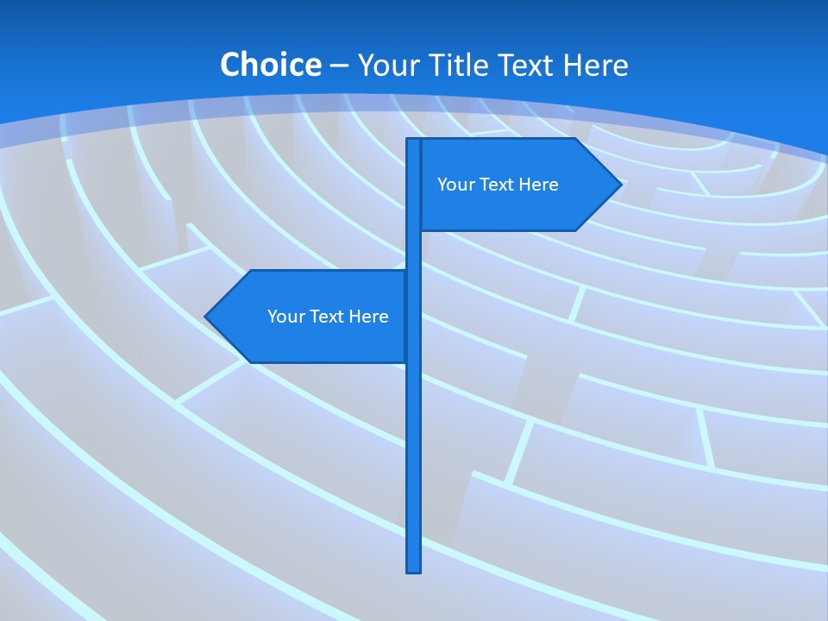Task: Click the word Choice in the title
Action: point(270,65)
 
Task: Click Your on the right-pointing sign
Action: point(454,185)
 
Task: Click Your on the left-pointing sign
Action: point(285,317)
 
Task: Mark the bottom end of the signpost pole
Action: point(413,568)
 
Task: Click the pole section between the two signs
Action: point(413,250)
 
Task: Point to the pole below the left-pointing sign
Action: point(413,466)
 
